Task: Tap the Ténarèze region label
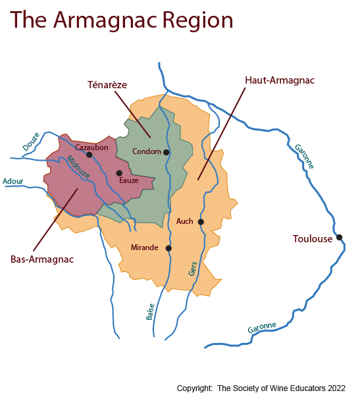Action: tap(107, 85)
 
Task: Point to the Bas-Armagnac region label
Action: tap(42, 259)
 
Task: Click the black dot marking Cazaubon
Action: tap(89, 155)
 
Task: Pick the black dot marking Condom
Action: tap(167, 152)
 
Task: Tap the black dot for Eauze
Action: tap(119, 173)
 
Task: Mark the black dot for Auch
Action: tap(201, 222)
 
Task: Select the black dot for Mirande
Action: tap(168, 248)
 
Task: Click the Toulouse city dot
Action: tap(339, 237)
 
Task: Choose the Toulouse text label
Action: tap(313, 239)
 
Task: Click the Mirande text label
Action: tap(145, 248)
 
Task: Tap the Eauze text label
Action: tap(128, 180)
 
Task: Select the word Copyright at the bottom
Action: tap(195, 388)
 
